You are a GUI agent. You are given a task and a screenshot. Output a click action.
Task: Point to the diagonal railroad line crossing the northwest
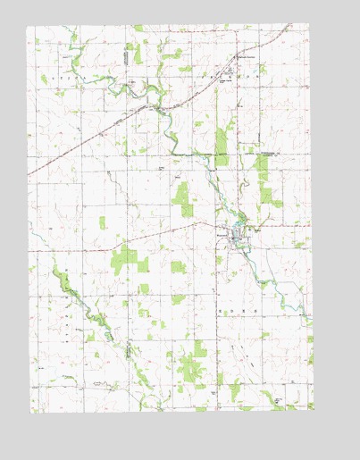pos(89,142)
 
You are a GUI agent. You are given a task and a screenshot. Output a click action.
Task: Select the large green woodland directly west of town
pos(182,199)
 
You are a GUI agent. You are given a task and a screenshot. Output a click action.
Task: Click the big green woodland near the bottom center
pos(191,361)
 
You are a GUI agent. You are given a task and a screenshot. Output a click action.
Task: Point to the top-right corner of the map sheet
pos(311,25)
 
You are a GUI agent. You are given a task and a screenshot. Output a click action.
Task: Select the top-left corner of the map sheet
pos(27,27)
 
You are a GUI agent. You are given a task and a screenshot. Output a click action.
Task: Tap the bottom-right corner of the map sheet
pos(314,410)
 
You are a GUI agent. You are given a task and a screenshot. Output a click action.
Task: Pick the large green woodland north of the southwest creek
pos(124,259)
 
